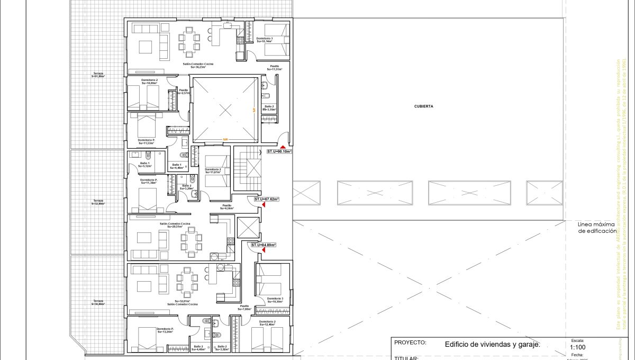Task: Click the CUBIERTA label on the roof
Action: click(424, 106)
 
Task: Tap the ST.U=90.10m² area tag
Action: click(279, 151)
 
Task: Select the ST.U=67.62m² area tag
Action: click(266, 200)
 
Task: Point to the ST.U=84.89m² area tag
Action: click(264, 245)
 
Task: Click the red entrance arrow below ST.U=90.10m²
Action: click(284, 147)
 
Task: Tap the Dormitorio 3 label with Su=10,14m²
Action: click(265, 40)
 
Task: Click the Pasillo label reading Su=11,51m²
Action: click(274, 68)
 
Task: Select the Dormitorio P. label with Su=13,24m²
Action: click(165, 330)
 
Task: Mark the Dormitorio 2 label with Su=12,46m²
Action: click(267, 323)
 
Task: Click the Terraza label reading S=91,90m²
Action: click(98, 75)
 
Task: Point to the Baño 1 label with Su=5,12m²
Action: click(145, 165)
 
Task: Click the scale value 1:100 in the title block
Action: click(577, 347)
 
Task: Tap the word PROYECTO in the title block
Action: click(410, 343)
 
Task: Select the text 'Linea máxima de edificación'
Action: click(597, 228)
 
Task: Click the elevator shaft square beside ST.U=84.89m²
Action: click(248, 227)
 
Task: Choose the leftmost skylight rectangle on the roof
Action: click(307, 193)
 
